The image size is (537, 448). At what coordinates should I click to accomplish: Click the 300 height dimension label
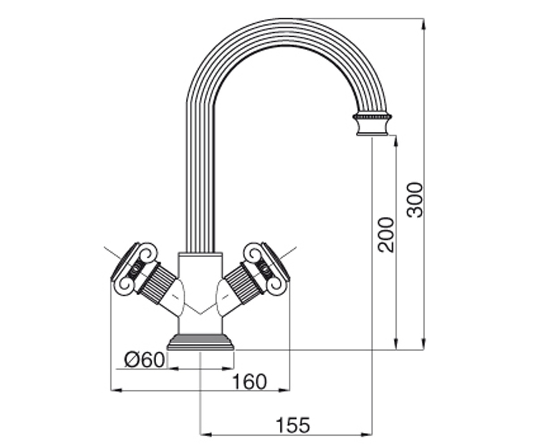tap(414, 200)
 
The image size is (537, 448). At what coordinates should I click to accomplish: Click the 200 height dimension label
tap(386, 235)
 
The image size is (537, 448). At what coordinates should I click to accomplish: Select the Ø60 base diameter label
tap(144, 360)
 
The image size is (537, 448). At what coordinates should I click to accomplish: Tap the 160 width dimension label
tap(249, 382)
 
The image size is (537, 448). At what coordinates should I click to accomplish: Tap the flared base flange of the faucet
tap(200, 342)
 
